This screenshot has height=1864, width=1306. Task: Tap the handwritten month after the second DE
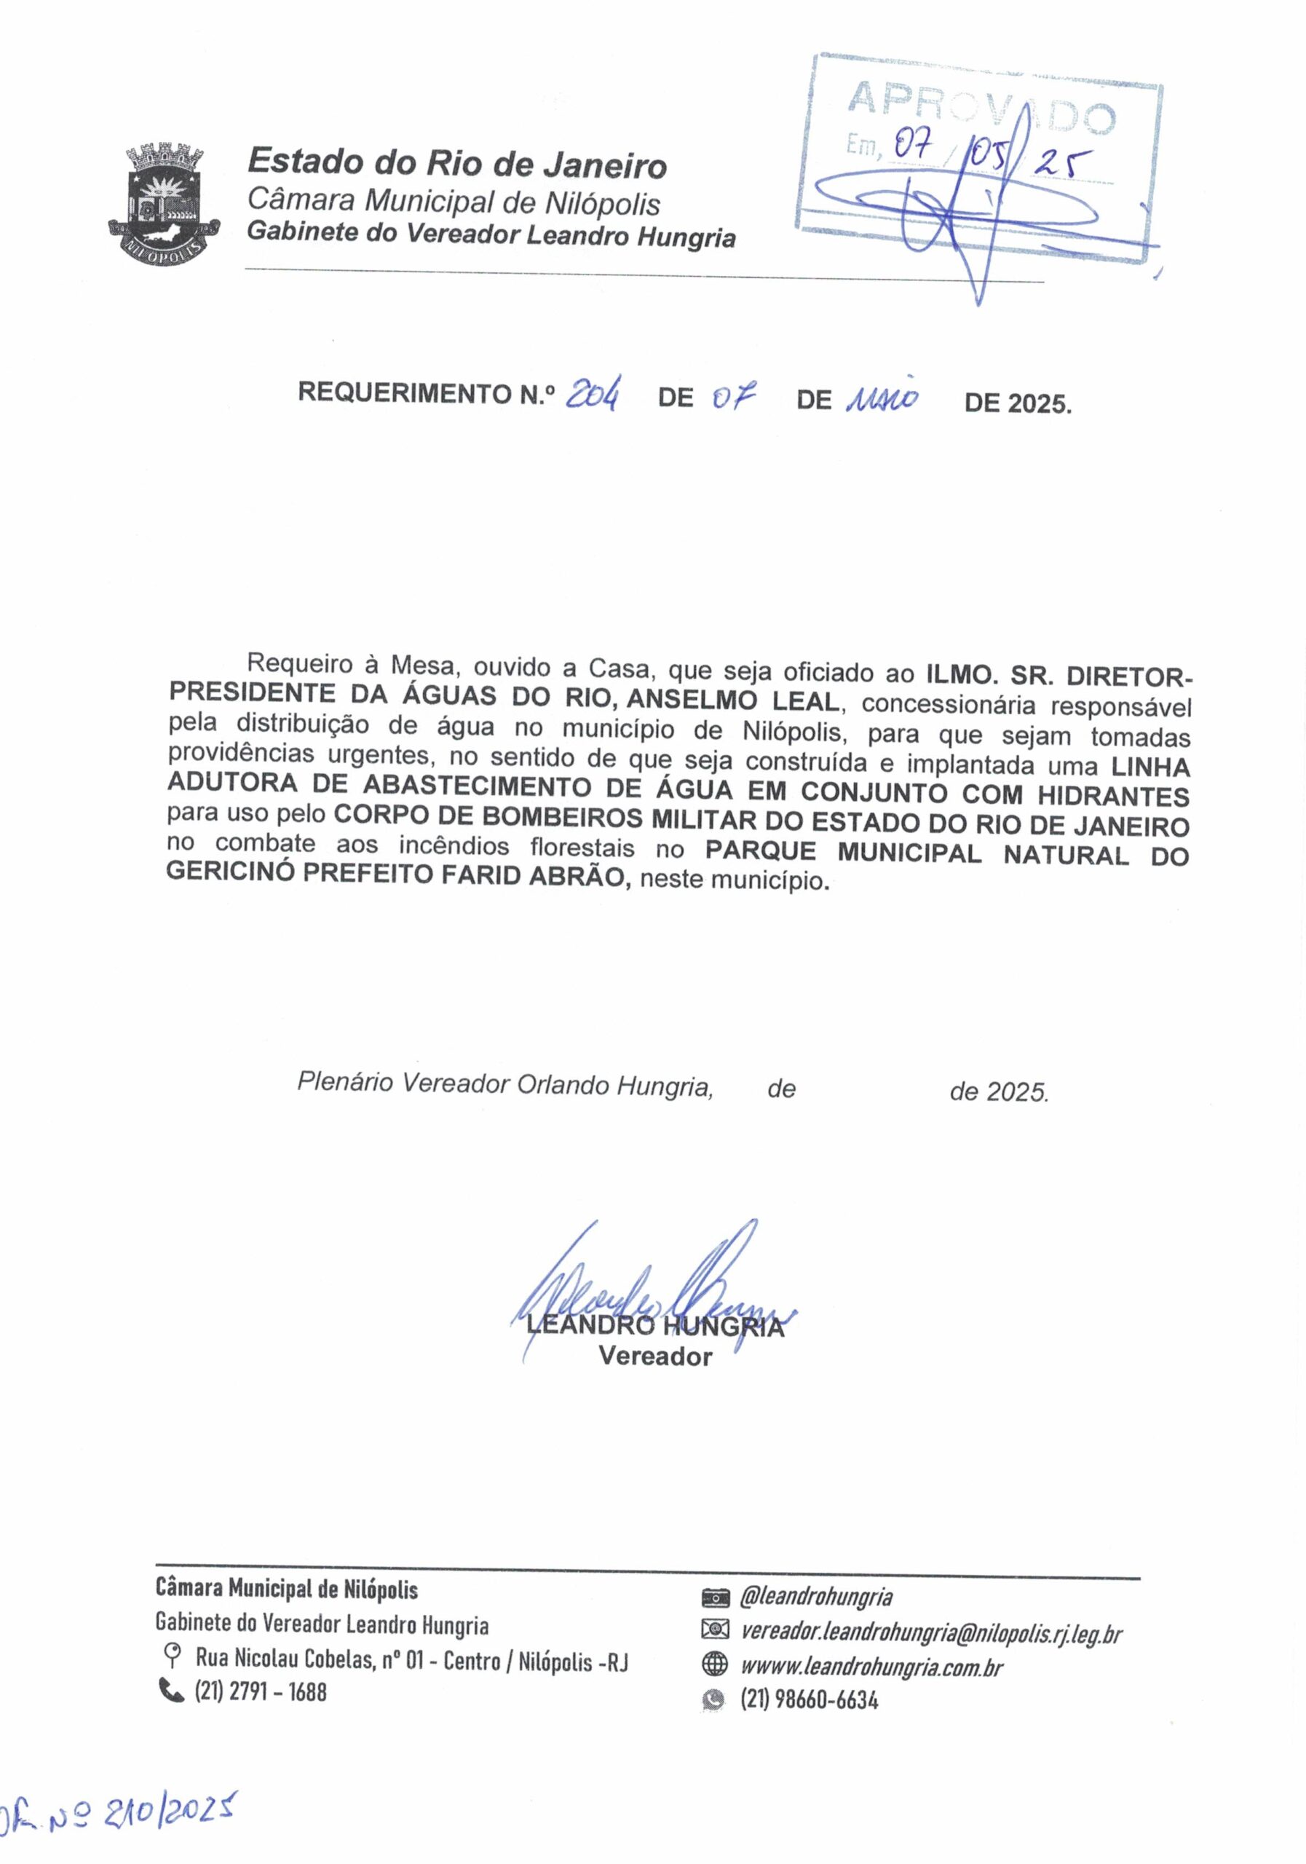881,397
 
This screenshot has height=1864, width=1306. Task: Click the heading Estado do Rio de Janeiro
457,164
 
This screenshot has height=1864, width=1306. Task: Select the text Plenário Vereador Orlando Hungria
505,1085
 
